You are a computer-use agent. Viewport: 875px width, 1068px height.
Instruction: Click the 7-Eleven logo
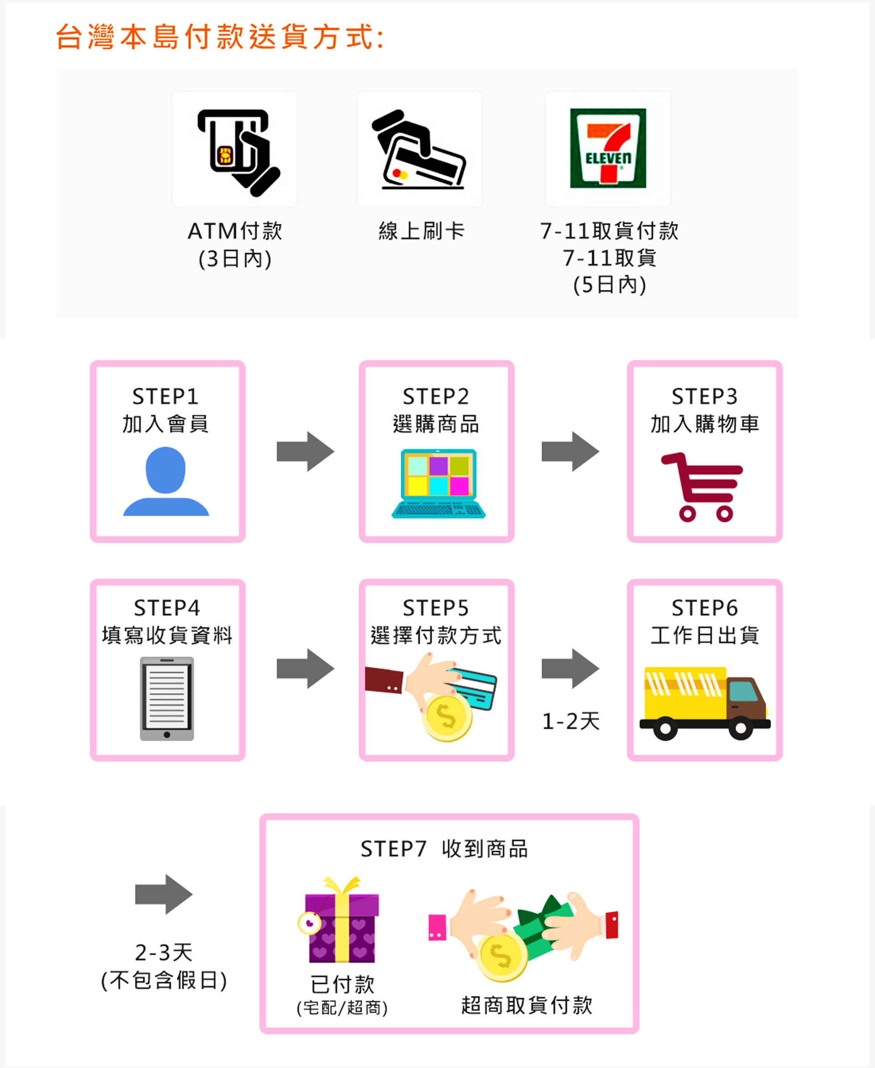(x=608, y=148)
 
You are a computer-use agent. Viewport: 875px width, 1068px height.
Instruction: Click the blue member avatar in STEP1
(x=166, y=481)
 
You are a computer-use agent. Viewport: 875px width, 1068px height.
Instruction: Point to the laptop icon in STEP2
(x=438, y=483)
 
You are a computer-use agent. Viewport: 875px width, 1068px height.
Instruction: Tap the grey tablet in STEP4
(x=167, y=698)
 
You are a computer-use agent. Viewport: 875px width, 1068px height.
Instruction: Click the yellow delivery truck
(x=704, y=702)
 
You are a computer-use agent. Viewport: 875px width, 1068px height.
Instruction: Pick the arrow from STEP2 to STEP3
(x=570, y=451)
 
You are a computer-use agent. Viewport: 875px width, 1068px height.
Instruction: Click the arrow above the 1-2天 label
(x=570, y=668)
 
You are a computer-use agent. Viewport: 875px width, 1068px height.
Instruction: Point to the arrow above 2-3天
(x=164, y=894)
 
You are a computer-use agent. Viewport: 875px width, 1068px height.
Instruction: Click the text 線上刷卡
(x=422, y=231)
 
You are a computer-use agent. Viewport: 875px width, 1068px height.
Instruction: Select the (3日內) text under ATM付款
(x=235, y=259)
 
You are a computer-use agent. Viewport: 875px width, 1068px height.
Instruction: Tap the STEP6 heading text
(x=705, y=608)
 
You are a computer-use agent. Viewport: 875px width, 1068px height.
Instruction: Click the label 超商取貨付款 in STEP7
(x=527, y=1005)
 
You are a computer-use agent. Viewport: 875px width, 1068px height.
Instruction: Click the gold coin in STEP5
(x=447, y=718)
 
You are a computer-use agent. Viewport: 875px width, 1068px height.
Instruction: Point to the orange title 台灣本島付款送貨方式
(x=220, y=37)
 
